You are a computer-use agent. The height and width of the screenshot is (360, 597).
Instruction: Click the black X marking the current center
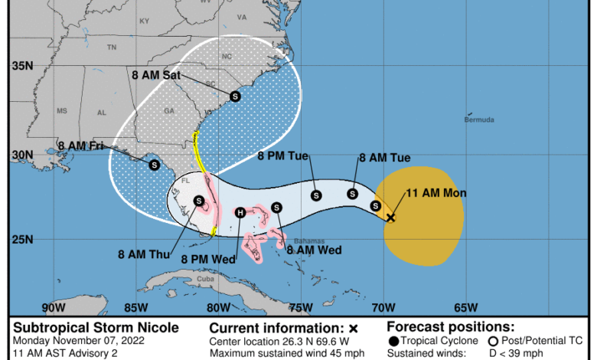point(390,218)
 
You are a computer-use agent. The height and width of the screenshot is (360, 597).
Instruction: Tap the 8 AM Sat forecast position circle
point(235,97)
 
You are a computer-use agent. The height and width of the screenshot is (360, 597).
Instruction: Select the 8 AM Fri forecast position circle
point(154,164)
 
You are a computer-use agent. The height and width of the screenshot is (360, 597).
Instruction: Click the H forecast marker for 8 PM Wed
point(240,212)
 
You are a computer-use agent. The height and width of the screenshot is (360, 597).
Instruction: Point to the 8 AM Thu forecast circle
point(199,201)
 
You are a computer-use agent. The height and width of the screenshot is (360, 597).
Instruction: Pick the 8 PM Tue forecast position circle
point(316,195)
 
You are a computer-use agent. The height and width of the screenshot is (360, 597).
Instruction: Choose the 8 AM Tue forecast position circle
point(352,194)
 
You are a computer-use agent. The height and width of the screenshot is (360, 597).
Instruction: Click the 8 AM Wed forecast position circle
point(276,207)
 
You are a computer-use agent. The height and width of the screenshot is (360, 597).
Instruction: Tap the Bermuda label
point(479,119)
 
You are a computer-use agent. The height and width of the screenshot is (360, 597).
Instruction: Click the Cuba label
point(205,279)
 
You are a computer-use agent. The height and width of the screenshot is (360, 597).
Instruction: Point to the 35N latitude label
point(21,67)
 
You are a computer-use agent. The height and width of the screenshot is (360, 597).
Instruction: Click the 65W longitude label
point(465,308)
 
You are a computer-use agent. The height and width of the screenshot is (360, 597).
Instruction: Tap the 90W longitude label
point(54,308)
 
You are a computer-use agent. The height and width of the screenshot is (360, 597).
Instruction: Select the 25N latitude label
point(21,239)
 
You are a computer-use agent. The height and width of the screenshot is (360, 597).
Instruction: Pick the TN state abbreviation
point(112,47)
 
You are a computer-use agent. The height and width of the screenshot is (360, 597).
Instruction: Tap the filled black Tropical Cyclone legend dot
point(393,341)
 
